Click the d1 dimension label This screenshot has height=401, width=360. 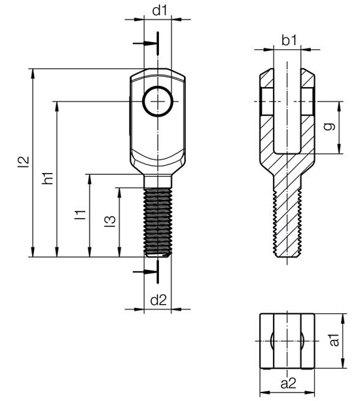(x=160, y=10)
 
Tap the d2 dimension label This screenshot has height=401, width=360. (x=158, y=300)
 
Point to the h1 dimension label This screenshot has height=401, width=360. (x=48, y=178)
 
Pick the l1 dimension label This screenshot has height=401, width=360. (x=80, y=215)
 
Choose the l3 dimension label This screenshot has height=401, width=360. (x=110, y=221)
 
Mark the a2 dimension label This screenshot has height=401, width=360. (x=288, y=383)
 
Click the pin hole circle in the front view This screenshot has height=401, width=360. (x=158, y=102)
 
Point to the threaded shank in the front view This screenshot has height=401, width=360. (x=158, y=222)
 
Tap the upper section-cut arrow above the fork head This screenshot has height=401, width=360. (x=145, y=43)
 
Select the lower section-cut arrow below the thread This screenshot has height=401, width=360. (x=145, y=272)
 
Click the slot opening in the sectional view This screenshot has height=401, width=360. (x=287, y=107)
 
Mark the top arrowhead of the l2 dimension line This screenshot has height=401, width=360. (x=33, y=73)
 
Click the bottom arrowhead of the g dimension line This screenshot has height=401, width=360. (x=339, y=149)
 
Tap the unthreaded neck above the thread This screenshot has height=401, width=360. (x=158, y=181)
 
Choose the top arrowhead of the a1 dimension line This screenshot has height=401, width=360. (x=343, y=318)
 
